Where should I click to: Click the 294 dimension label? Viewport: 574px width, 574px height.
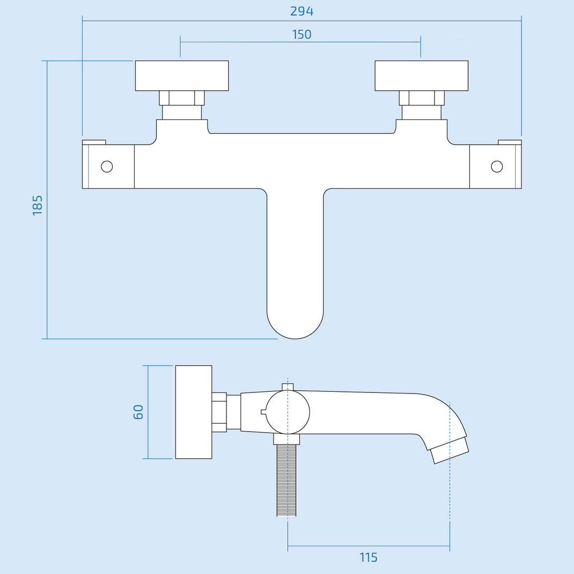[302, 11]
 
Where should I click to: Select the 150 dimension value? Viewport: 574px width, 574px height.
[302, 34]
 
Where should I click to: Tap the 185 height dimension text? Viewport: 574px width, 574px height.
[38, 205]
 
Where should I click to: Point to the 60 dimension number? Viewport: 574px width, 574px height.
[138, 412]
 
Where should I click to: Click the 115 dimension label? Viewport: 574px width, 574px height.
[368, 558]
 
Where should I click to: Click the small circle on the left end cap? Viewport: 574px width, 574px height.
[107, 166]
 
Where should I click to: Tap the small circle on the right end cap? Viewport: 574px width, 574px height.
[497, 166]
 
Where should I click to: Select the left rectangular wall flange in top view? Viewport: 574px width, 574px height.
[182, 76]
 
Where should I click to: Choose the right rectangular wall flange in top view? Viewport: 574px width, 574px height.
[422, 76]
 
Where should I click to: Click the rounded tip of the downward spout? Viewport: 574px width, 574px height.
[295, 338]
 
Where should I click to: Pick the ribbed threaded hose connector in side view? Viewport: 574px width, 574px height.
[286, 480]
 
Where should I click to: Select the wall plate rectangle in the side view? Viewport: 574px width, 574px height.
[193, 412]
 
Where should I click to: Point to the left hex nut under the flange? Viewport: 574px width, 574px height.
[182, 98]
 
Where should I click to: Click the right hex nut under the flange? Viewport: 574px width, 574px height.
[422, 98]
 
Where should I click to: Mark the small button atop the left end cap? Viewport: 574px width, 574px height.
[94, 142]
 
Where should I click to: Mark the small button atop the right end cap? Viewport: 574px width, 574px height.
[510, 142]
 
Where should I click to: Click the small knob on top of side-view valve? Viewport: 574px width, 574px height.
[288, 387]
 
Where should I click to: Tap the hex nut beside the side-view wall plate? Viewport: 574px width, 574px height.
[219, 412]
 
